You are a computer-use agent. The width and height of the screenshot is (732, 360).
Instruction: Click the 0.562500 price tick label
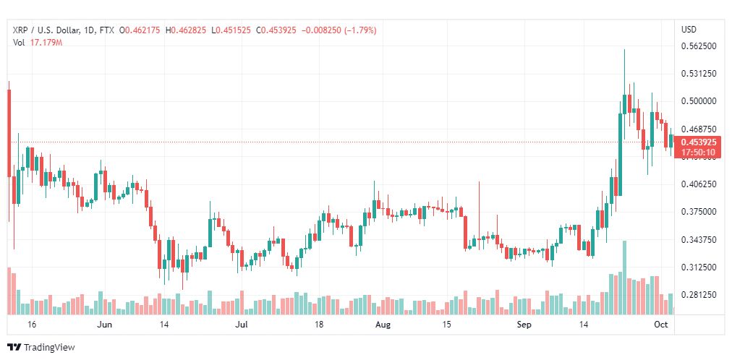(x=699, y=46)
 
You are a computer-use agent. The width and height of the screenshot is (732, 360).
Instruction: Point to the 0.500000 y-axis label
(x=699, y=101)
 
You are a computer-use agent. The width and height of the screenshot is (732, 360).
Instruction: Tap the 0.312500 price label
(x=699, y=267)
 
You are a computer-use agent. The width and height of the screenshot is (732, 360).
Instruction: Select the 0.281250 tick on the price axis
(x=699, y=295)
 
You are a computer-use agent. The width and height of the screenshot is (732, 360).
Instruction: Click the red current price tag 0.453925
(x=699, y=142)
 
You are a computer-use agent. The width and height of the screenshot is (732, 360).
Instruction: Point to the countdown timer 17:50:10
(x=699, y=152)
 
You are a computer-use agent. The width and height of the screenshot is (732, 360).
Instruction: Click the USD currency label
(x=689, y=30)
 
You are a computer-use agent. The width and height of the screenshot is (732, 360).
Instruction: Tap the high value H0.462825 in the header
(x=185, y=30)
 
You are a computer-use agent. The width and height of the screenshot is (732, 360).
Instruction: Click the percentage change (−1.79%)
(x=360, y=30)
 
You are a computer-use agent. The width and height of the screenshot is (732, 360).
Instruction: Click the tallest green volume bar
(x=625, y=278)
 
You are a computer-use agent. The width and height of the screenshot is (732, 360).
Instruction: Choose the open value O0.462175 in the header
(x=140, y=30)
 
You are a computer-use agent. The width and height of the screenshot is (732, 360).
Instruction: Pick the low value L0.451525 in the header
(x=231, y=30)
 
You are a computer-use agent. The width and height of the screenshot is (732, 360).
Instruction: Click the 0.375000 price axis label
(x=699, y=212)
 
